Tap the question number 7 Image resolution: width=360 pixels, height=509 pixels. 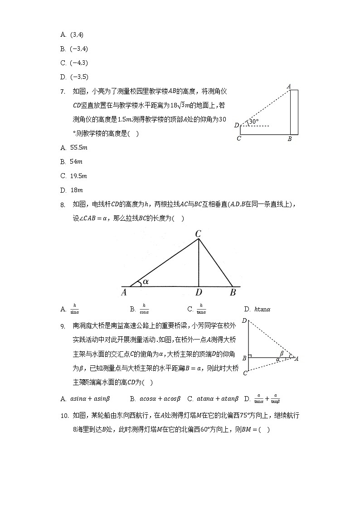coord(63,92)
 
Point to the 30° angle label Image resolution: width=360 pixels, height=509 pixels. coord(254,121)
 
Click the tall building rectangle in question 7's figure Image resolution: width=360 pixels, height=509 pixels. coord(294,112)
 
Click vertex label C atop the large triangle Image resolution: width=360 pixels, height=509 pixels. coord(198,234)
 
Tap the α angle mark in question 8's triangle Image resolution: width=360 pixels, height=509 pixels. coord(145,282)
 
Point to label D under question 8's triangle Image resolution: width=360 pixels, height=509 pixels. coord(199,293)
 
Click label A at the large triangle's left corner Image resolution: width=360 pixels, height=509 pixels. coord(123,293)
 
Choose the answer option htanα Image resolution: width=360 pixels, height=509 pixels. coord(257,310)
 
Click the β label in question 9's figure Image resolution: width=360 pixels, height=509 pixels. coord(282,353)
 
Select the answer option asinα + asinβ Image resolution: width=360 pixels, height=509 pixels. coord(85,399)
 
